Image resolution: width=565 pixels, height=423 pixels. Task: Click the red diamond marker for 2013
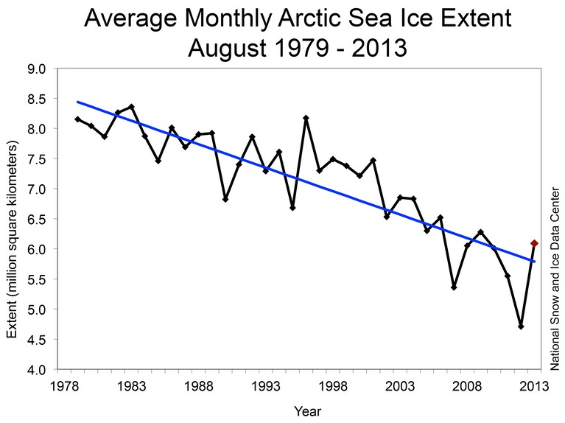click(x=534, y=243)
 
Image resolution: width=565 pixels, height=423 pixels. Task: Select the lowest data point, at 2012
click(x=521, y=326)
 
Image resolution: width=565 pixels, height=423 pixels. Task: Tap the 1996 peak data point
click(x=306, y=118)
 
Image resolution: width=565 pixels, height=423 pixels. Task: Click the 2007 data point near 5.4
click(x=454, y=287)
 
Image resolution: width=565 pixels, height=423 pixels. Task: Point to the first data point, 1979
click(x=77, y=119)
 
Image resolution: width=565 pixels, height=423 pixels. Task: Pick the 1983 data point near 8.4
click(x=132, y=107)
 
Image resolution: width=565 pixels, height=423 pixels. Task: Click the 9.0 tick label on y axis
click(x=36, y=69)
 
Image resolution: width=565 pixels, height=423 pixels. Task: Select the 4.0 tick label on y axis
click(x=36, y=370)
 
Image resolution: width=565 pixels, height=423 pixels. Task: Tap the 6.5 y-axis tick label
click(x=36, y=219)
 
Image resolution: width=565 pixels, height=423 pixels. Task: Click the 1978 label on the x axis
click(x=65, y=386)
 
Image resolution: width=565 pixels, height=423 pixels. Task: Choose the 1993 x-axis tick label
click(x=266, y=386)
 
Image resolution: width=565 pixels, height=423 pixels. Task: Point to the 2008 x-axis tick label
click(x=467, y=386)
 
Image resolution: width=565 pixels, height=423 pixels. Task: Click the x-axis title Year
click(x=307, y=411)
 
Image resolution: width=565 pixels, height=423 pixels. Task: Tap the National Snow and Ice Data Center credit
click(x=555, y=279)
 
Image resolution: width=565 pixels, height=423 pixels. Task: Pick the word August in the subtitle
click(x=227, y=48)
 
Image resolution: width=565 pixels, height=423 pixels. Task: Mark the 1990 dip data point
click(x=225, y=199)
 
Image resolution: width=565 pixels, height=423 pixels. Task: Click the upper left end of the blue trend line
click(x=77, y=102)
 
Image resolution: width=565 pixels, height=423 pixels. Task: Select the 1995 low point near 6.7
click(x=292, y=208)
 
